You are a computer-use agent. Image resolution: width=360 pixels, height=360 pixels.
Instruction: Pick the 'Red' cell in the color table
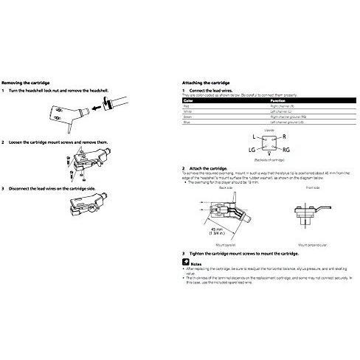[x=185, y=107]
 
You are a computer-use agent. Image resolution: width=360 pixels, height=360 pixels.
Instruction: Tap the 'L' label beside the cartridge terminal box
[x=234, y=137]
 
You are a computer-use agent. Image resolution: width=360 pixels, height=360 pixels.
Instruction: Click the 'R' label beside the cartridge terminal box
[x=264, y=137]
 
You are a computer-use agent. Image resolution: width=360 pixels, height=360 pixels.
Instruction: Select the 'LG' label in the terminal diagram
[x=232, y=150]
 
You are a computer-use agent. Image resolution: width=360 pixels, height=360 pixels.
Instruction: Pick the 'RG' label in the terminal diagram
[x=266, y=150]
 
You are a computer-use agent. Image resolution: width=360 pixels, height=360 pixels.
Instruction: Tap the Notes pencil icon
[x=184, y=262]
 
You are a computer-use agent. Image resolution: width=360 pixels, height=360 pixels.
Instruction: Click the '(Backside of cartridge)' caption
[x=249, y=159]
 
